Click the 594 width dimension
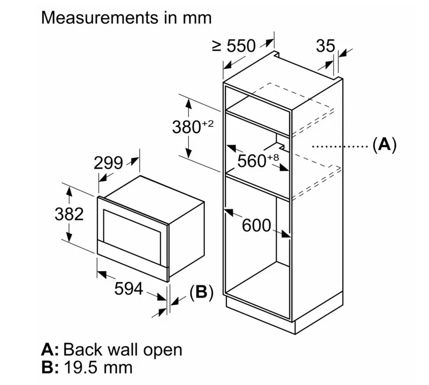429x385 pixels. tap(128, 289)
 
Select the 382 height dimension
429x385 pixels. tap(69, 214)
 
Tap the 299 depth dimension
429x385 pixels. tap(108, 163)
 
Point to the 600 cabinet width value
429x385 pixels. tap(256, 226)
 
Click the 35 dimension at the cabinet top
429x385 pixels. tap(325, 46)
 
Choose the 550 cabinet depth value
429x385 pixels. tap(241, 46)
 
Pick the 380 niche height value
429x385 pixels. tap(187, 127)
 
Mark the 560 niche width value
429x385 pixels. tap(252, 161)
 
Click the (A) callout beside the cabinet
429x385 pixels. tap(385, 144)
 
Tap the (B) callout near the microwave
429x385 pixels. tap(201, 292)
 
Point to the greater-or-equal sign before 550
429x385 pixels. tap(217, 46)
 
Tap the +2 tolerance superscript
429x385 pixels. tap(208, 124)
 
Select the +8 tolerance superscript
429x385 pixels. tap(273, 158)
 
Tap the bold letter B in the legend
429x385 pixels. tap(47, 367)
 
